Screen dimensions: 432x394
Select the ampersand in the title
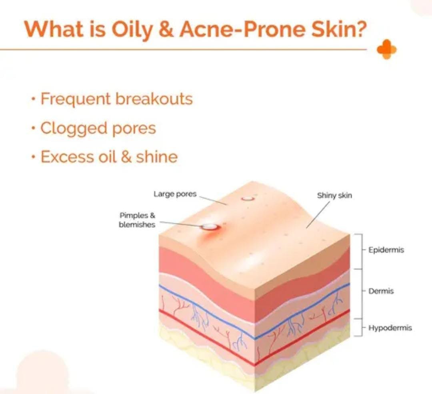click(x=166, y=29)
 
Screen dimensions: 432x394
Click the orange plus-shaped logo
click(x=387, y=49)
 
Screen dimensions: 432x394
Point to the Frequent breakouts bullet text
click(x=116, y=99)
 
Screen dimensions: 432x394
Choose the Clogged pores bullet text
click(x=98, y=128)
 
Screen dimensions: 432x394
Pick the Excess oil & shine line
click(x=109, y=157)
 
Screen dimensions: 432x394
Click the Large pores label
click(x=175, y=194)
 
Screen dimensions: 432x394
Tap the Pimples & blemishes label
click(x=137, y=220)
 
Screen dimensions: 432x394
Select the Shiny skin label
click(x=334, y=195)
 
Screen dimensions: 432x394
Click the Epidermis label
click(x=386, y=250)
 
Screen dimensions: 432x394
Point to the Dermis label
click(x=381, y=291)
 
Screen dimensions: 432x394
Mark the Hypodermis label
click(x=390, y=328)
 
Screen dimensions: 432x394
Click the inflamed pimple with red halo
click(x=210, y=227)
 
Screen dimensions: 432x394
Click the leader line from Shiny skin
click(x=318, y=215)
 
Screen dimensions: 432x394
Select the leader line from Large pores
click(x=213, y=200)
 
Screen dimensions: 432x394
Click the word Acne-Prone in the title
click(x=242, y=29)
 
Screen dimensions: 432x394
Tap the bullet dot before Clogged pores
click(x=33, y=128)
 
